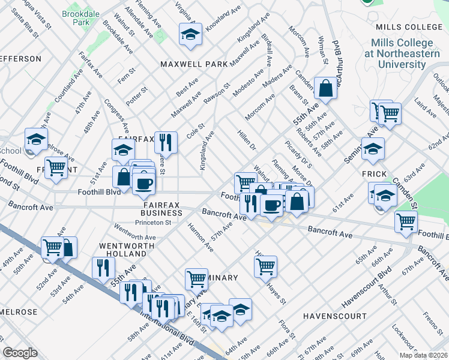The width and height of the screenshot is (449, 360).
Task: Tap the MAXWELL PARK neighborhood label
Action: point(193,64)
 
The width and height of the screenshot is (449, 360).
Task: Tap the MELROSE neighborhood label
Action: point(19,313)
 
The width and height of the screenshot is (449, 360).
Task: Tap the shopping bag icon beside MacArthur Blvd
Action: point(325,88)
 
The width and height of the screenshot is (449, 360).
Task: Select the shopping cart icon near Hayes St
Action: point(265,265)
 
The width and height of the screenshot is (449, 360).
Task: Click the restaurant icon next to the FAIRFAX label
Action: point(166,142)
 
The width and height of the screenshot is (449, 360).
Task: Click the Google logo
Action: point(20,353)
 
